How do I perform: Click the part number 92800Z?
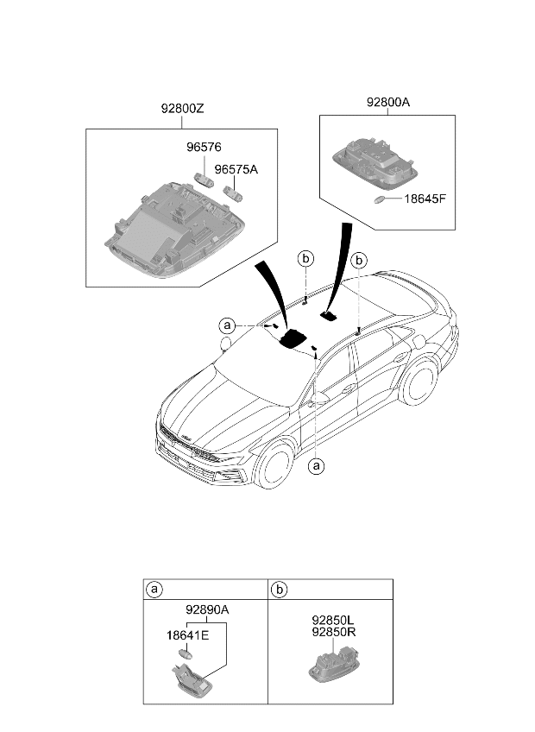point(183,109)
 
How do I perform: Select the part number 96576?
point(204,147)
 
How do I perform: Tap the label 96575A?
point(236,169)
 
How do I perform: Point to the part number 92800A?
point(388,102)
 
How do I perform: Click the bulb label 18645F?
point(425,199)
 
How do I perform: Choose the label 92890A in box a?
point(207,609)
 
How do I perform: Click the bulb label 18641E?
point(187,635)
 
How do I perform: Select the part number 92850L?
point(333,621)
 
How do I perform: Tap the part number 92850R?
point(334,632)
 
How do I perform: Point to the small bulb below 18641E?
point(186,653)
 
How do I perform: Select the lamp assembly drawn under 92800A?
point(375,161)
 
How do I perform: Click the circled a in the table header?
point(154,590)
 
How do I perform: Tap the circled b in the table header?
point(280,590)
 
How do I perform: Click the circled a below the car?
point(317,465)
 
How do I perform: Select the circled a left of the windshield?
point(227,325)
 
